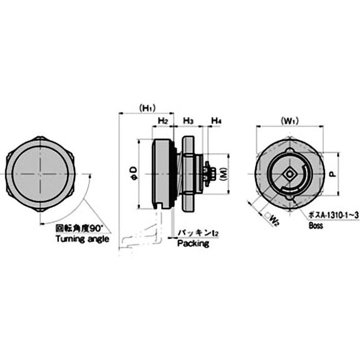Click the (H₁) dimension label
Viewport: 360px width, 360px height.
[147, 108]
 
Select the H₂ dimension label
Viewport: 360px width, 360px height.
[163, 121]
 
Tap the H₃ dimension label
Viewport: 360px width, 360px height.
[189, 121]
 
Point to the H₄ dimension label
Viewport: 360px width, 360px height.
[216, 121]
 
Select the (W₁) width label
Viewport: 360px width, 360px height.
[290, 121]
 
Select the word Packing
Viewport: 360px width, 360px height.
[193, 244]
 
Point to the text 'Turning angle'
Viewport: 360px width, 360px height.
[82, 239]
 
